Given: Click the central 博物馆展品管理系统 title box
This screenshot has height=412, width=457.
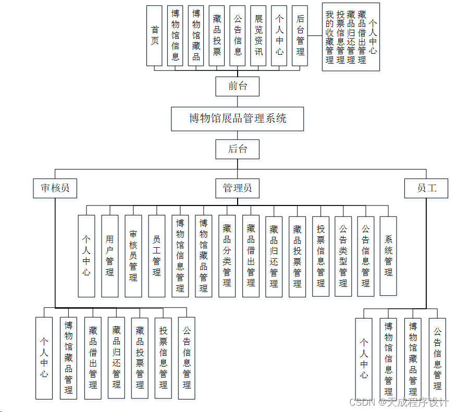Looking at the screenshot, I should tap(238, 118).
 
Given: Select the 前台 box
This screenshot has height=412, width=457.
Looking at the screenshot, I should tap(238, 86).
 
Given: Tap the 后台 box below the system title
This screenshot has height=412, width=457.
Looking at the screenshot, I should tap(238, 149).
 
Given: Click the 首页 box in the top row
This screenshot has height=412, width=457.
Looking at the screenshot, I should tap(154, 35).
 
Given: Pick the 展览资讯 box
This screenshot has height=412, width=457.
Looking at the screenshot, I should tap(258, 35).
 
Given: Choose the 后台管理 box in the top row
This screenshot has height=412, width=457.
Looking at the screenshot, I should tap(300, 35).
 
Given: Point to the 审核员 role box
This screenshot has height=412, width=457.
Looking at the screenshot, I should tap(55, 188).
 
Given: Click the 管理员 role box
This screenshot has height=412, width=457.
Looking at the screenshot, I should tap(238, 188).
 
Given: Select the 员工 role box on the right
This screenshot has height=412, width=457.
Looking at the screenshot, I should tap(426, 188).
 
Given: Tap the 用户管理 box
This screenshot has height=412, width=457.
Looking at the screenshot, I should tap(110, 256).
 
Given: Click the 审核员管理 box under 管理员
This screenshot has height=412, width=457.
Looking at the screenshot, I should tap(133, 256).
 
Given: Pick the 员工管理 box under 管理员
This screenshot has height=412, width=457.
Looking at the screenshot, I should tap(157, 256).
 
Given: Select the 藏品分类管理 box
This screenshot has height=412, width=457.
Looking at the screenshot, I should tap(227, 256).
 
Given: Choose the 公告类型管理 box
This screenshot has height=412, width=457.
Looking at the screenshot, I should tap(343, 256).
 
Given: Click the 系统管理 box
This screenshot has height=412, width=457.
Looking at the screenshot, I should tap(388, 256).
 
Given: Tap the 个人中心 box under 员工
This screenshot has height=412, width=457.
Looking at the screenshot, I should tap(364, 359).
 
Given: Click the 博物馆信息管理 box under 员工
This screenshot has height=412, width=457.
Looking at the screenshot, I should tap(388, 359).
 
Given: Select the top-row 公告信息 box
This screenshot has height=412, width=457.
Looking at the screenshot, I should tap(238, 35).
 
